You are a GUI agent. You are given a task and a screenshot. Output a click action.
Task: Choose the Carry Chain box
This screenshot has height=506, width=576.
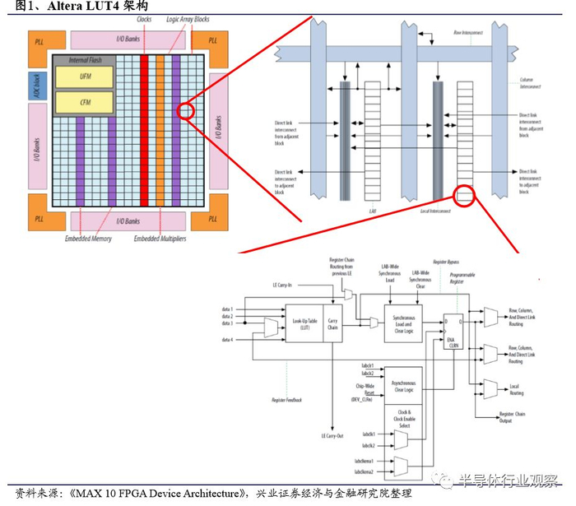click(x=332, y=322)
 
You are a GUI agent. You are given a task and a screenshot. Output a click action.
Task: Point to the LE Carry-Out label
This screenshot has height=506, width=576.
click(x=332, y=434)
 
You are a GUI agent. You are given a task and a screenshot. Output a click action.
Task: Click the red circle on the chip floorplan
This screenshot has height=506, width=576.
click(x=185, y=110)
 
